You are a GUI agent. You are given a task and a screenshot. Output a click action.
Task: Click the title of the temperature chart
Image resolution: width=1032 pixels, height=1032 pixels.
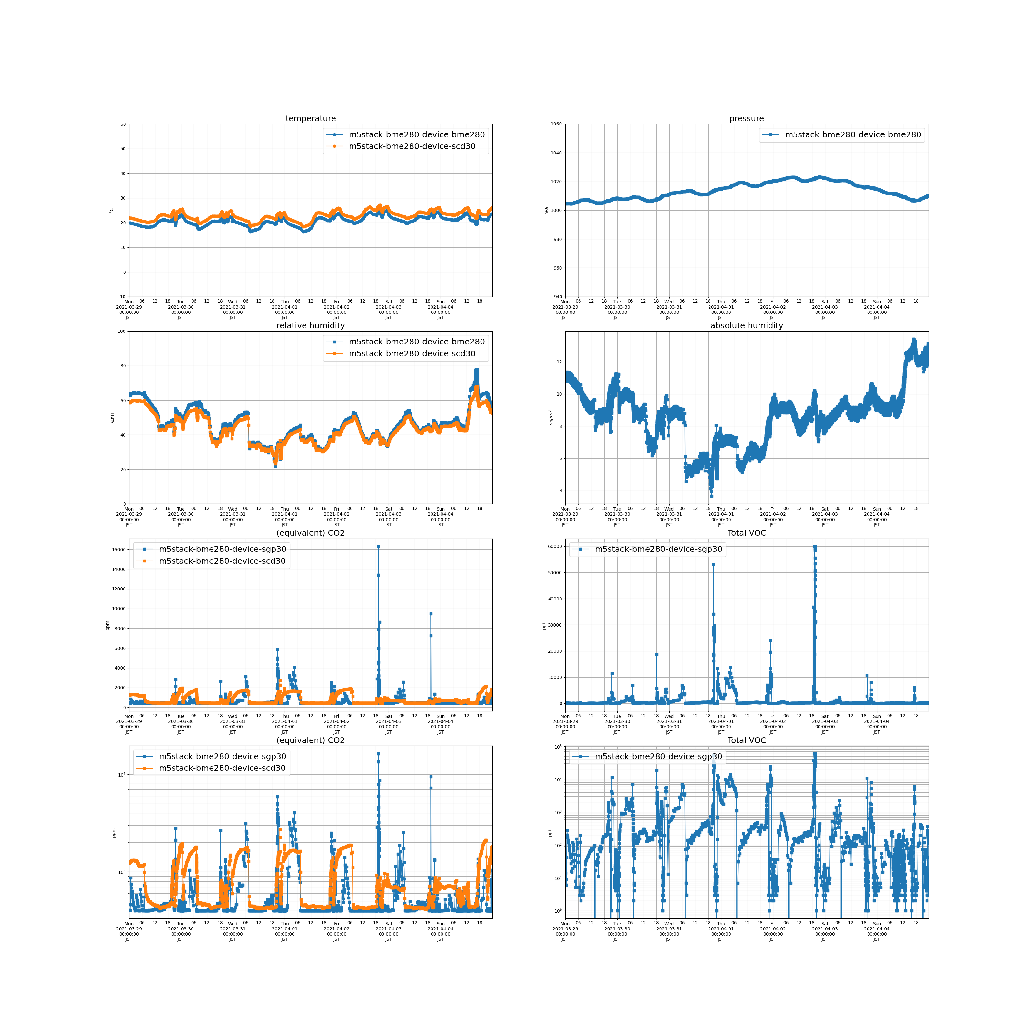(310, 119)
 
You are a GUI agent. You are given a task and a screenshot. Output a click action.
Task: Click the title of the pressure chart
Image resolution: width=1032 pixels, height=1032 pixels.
(746, 119)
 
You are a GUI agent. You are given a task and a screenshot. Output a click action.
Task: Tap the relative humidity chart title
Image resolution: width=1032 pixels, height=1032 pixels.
(310, 325)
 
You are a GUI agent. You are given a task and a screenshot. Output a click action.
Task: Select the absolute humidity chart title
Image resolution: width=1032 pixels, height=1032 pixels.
(746, 325)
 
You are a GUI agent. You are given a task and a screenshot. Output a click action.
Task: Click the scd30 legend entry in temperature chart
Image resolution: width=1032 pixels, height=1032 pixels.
(411, 146)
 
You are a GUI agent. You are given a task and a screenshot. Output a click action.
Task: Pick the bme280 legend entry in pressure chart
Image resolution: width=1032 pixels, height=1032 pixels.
(852, 134)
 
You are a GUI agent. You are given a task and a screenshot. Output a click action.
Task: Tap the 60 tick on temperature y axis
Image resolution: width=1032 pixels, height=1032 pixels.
(123, 124)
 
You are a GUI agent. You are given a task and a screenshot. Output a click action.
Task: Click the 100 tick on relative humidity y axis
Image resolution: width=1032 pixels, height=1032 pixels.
(121, 331)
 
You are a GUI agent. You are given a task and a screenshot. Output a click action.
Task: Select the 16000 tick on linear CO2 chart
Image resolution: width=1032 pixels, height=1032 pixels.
(119, 549)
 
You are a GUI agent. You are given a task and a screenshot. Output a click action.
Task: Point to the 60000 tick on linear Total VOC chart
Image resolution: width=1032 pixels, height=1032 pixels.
(555, 546)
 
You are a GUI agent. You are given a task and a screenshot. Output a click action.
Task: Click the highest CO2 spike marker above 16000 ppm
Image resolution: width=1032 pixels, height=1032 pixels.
(378, 546)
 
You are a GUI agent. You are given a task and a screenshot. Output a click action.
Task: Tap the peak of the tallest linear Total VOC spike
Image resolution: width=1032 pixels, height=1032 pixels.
(815, 546)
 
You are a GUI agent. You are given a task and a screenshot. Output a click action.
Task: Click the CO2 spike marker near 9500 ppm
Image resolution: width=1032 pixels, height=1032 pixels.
(431, 614)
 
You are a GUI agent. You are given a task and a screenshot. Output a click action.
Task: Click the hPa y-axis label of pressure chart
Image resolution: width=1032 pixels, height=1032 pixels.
(546, 211)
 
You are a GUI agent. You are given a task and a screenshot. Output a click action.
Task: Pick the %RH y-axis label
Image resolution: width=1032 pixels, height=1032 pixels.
(113, 418)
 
